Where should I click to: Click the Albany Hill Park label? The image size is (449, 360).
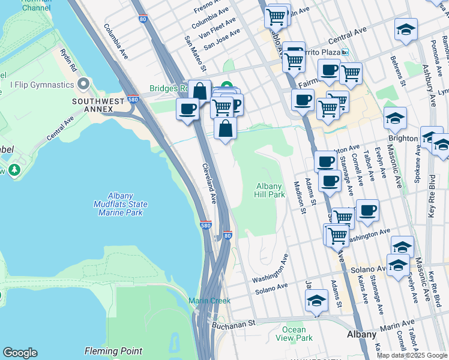[270, 191]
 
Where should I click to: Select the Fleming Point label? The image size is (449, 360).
[113, 351]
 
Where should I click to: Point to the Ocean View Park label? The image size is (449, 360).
[294, 334]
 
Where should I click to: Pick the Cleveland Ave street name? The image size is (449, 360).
[208, 183]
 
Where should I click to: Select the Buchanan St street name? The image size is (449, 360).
[234, 323]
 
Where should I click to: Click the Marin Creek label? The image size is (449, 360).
[209, 301]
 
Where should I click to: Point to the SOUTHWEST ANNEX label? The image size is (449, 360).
[93, 106]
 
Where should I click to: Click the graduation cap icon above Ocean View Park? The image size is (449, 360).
[316, 301]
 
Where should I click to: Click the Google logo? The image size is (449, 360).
[20, 353]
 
